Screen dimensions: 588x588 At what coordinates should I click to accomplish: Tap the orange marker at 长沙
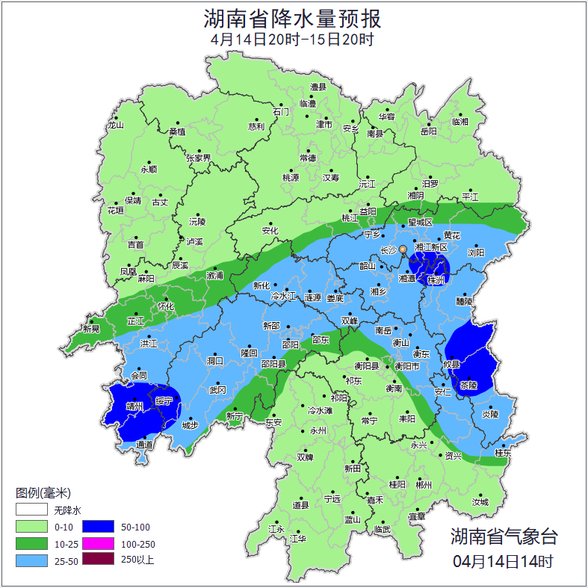pyautogui.click(x=403, y=249)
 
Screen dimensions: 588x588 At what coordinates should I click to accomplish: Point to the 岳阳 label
pyautogui.click(x=427, y=131)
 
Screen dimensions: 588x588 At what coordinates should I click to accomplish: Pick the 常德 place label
pyautogui.click(x=308, y=158)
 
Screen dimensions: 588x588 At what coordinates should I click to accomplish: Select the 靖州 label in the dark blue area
pyautogui.click(x=134, y=407)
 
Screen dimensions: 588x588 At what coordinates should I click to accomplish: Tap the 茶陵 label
pyautogui.click(x=468, y=386)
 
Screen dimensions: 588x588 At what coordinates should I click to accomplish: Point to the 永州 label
pyautogui.click(x=318, y=431)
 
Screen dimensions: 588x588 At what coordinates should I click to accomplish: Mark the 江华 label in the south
pyautogui.click(x=299, y=538)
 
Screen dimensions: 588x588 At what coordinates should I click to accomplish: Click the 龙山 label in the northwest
pyautogui.click(x=115, y=125)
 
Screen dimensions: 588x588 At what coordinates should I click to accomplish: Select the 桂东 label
pyautogui.click(x=503, y=453)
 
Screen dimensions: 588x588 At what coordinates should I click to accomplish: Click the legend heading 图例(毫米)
pyautogui.click(x=43, y=493)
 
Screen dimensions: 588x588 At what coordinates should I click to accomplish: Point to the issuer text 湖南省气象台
pyautogui.click(x=504, y=536)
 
